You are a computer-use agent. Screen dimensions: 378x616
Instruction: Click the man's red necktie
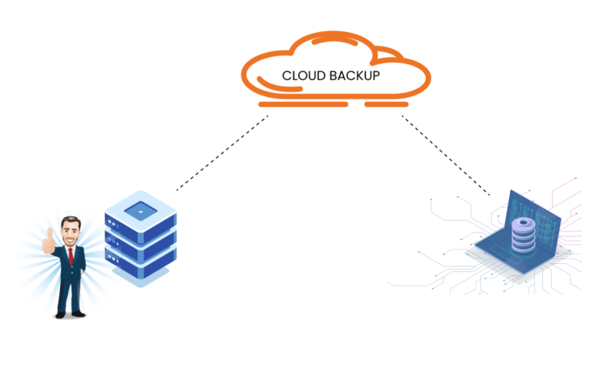[x=71, y=256]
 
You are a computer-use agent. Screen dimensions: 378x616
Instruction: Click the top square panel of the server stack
[x=140, y=210]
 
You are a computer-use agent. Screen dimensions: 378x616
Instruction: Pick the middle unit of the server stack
[x=140, y=242]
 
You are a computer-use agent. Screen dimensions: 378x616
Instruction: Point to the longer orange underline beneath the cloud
[x=303, y=104]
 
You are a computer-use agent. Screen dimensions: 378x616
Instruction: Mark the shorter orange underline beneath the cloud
[x=386, y=104]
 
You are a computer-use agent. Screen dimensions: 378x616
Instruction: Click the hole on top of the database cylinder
[x=522, y=222]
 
